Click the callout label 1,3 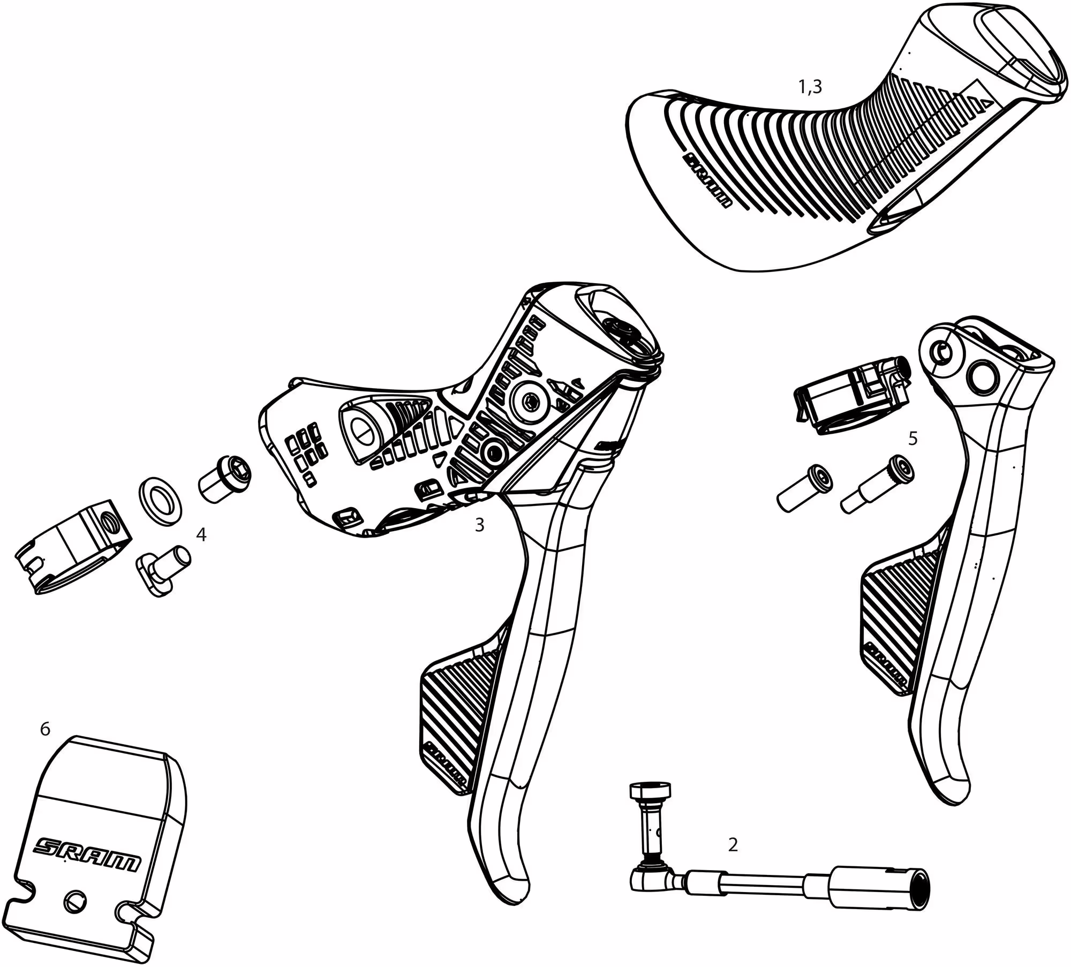(x=810, y=86)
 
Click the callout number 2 (x=733, y=844)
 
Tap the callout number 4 (x=201, y=534)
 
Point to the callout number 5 (x=912, y=438)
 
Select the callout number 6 (x=45, y=728)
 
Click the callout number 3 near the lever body (x=479, y=525)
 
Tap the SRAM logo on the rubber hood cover (x=708, y=182)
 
